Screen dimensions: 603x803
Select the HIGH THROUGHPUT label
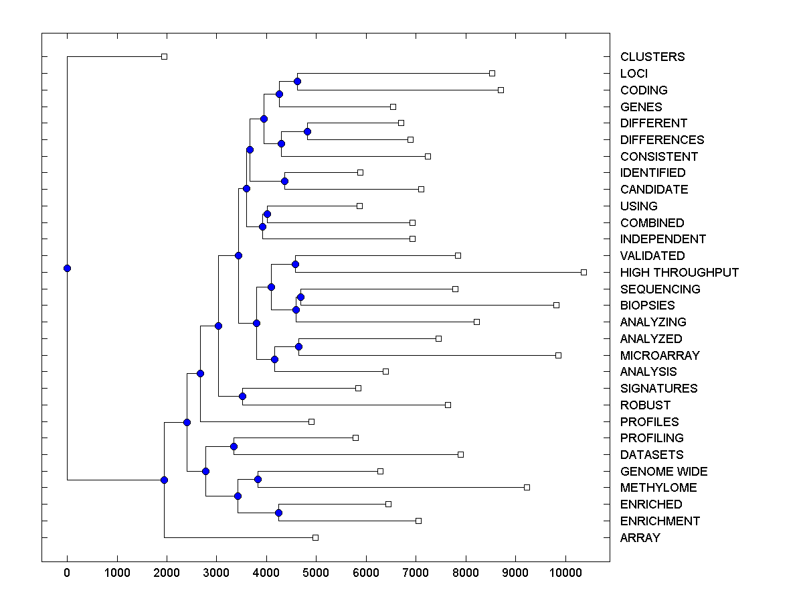(679, 273)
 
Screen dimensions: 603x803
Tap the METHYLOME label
(658, 488)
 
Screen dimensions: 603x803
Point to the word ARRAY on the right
(640, 538)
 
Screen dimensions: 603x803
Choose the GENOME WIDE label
(663, 472)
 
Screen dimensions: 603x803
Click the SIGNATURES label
(658, 389)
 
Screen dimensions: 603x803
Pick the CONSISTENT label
(658, 157)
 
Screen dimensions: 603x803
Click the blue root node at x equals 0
(67, 269)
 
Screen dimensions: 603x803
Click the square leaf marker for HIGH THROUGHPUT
(584, 272)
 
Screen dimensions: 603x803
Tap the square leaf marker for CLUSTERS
(164, 57)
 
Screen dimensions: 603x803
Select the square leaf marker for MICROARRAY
(558, 355)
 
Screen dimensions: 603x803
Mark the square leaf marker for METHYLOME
(527, 488)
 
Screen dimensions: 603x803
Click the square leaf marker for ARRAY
(316, 537)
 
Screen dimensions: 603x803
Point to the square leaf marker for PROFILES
(311, 421)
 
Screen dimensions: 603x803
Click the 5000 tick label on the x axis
(316, 572)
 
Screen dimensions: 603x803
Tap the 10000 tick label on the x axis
(565, 572)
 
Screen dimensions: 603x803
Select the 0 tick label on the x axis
(67, 572)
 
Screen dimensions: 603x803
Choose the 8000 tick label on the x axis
(466, 572)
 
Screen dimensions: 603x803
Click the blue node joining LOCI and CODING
(297, 82)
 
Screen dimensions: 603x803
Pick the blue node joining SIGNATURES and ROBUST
(242, 397)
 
